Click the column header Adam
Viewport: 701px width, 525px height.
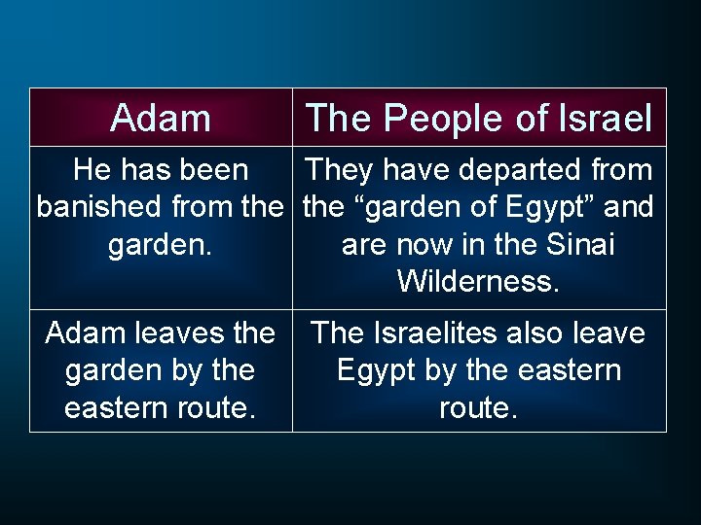pos(161,119)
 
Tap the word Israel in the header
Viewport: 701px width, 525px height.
pos(606,119)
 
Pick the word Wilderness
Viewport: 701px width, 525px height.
pos(477,281)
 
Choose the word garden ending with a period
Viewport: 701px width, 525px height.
pos(160,244)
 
